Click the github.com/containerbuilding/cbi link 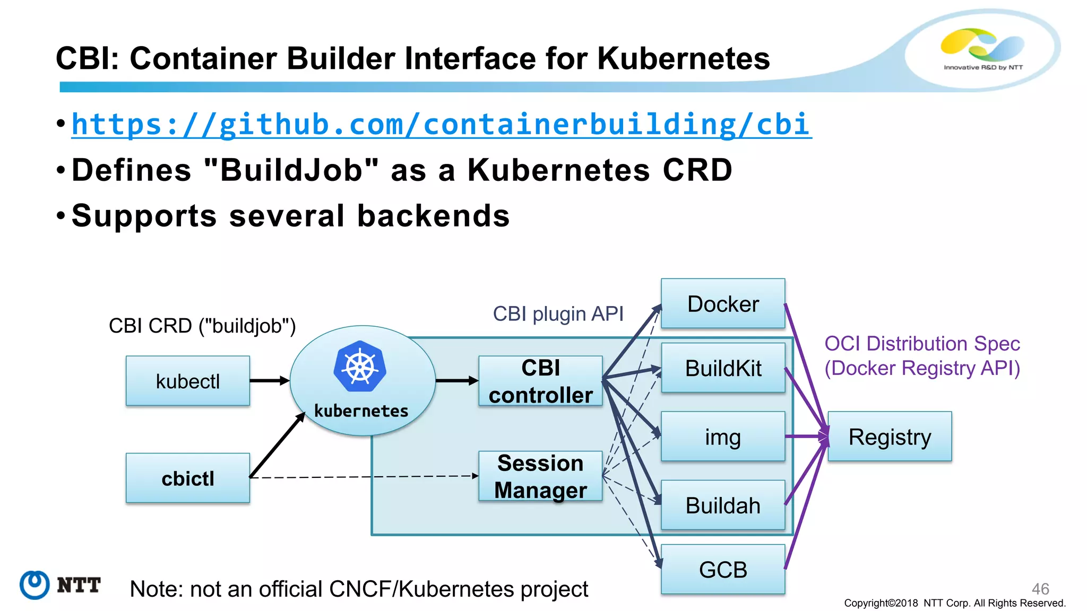(x=441, y=125)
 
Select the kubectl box (x=187, y=381)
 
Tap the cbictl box (x=187, y=478)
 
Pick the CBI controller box (x=540, y=381)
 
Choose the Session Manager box (x=540, y=476)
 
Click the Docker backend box (x=722, y=304)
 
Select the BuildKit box (x=722, y=368)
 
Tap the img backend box (x=722, y=437)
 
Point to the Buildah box (x=722, y=505)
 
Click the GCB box (x=722, y=570)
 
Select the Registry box (x=890, y=437)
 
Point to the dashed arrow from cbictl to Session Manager (x=366, y=477)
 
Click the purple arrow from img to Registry (x=806, y=437)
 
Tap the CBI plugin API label (x=558, y=313)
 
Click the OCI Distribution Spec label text (x=922, y=344)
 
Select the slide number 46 (x=1040, y=588)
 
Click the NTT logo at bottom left (x=60, y=585)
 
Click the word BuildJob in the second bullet (x=291, y=170)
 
